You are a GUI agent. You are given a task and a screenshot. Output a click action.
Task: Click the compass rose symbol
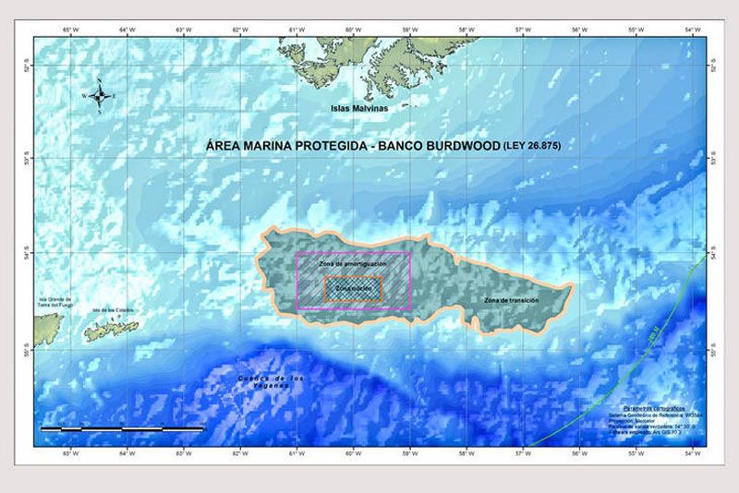coord(102,95)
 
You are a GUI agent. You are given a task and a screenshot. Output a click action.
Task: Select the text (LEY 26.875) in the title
coord(532,146)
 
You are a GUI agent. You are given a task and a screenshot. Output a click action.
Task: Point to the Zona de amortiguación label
coord(352,264)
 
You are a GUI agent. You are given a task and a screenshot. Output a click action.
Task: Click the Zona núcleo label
coord(353,289)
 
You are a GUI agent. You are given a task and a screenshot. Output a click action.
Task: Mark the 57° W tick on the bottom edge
coord(522,453)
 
